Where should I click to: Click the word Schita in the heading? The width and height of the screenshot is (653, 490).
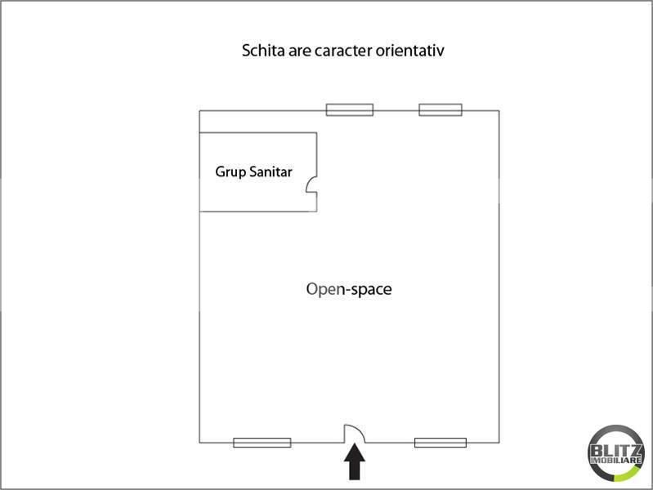click(263, 51)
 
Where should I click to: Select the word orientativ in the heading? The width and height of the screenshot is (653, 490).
click(409, 51)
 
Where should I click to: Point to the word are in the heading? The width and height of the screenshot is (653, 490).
click(299, 51)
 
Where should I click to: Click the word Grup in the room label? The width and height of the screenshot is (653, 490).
click(230, 172)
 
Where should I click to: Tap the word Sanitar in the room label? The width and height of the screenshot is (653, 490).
click(271, 171)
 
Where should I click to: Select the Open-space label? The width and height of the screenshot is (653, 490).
click(349, 290)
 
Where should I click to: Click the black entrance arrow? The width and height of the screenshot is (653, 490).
click(355, 461)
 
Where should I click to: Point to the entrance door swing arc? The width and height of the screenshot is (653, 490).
click(360, 430)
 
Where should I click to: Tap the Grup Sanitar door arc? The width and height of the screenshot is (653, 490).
click(308, 183)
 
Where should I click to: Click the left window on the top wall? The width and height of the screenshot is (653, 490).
click(350, 110)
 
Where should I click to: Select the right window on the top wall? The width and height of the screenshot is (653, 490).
click(441, 110)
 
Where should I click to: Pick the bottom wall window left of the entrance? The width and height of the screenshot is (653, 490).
click(262, 443)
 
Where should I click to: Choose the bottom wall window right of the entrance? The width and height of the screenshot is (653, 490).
click(441, 443)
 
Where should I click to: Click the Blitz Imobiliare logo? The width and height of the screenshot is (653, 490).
click(616, 453)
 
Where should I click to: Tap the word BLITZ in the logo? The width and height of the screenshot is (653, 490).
click(616, 451)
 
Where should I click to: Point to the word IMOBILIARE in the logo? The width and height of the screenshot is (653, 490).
click(616, 461)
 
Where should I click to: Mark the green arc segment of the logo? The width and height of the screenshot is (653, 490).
click(628, 474)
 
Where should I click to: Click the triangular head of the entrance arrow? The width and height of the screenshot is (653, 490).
click(355, 453)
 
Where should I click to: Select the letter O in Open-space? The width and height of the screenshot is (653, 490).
click(312, 289)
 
